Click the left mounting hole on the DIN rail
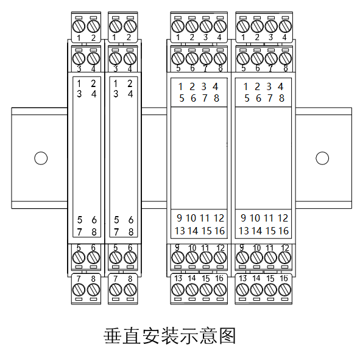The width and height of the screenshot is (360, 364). (x=41, y=158)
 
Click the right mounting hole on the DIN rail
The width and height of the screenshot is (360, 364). (x=322, y=158)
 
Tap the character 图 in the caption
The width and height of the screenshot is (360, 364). (x=228, y=335)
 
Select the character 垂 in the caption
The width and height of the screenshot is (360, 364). (x=113, y=335)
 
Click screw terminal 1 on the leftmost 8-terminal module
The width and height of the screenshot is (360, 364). (x=79, y=26)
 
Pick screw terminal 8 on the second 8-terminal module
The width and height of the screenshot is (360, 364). (x=130, y=290)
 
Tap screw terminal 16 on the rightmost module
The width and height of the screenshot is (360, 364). (x=284, y=290)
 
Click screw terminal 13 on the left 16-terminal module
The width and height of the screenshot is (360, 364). (x=178, y=290)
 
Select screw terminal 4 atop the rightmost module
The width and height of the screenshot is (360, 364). (x=285, y=26)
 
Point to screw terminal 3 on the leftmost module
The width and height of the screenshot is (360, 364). (x=79, y=58)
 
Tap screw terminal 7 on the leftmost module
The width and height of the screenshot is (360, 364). (x=79, y=290)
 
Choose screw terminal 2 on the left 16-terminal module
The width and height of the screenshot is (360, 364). (x=192, y=26)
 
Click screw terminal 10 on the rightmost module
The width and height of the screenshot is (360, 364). (x=256, y=257)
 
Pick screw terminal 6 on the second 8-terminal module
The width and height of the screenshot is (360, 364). (x=130, y=257)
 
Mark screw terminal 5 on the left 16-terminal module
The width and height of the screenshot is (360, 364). (x=178, y=58)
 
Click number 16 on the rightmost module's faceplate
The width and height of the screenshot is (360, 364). (x=284, y=231)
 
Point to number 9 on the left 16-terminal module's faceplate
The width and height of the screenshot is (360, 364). (x=179, y=218)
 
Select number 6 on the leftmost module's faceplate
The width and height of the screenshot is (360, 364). (x=94, y=220)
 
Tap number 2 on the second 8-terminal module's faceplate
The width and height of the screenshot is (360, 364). (x=130, y=83)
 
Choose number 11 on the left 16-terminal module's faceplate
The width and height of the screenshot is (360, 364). (x=205, y=218)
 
